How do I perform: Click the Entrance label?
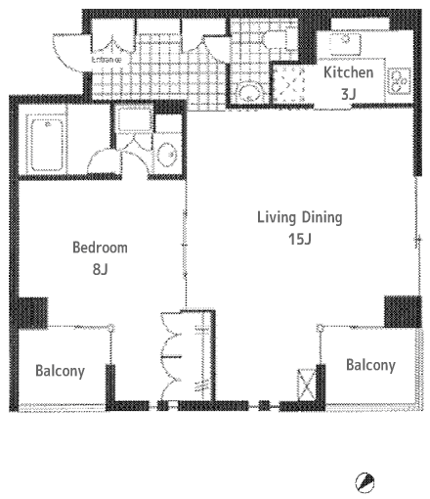point(107,60)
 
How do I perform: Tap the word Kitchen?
point(348,72)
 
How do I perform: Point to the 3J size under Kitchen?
point(348,94)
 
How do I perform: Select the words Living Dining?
point(300,218)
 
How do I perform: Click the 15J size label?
point(300,239)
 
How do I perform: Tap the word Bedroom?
point(100,248)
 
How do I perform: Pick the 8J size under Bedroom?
point(100,269)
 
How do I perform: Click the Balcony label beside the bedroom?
point(60,371)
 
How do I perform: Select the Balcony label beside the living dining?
point(370,365)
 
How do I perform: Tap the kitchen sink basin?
point(345,45)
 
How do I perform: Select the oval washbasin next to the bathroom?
point(168,154)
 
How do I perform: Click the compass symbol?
point(365,480)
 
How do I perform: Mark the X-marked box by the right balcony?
point(307,385)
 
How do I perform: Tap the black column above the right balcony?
point(403,311)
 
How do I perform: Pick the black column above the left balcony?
point(32,313)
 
